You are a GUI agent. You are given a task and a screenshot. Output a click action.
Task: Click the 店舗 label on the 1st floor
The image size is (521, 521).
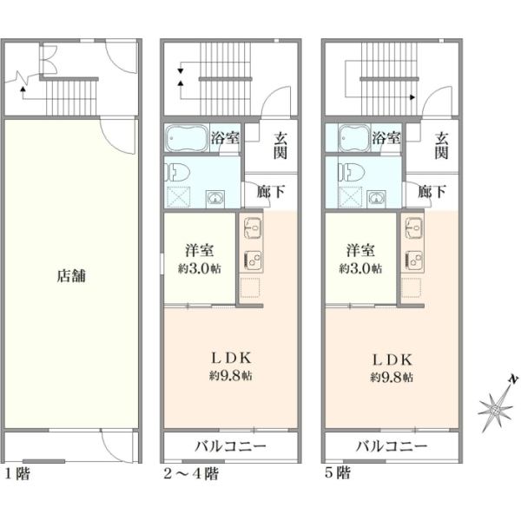71,276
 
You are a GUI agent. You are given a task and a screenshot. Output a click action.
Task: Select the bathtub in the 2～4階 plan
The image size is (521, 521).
187,137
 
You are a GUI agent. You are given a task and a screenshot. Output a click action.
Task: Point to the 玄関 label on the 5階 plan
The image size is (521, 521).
442,146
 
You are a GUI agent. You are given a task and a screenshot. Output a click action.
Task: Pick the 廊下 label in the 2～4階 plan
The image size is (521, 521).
270,191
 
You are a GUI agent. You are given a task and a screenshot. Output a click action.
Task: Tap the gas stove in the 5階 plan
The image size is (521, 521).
413,259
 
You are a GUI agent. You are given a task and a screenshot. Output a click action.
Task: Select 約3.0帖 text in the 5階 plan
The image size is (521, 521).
360,268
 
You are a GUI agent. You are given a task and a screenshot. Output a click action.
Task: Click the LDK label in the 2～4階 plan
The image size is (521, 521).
232,358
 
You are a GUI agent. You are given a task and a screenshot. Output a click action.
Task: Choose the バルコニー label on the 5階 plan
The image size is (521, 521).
391,446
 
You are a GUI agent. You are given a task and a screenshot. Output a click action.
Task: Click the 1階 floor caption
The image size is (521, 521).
18,473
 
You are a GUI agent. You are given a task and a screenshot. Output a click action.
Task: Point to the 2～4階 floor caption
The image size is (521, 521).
191,473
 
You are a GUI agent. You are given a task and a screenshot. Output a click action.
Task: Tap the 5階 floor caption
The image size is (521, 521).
337,473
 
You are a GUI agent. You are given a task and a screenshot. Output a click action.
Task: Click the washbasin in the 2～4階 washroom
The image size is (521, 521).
215,199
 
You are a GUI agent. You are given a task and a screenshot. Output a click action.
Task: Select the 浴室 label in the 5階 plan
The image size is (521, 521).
386,137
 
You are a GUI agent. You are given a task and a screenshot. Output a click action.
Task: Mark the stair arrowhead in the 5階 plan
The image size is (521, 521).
412,97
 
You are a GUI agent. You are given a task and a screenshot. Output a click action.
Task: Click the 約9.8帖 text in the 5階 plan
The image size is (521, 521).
392,378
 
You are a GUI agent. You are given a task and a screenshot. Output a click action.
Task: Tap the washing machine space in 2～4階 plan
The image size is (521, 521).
178,197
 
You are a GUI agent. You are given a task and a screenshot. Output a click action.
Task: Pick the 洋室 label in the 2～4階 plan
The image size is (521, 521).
200,251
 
